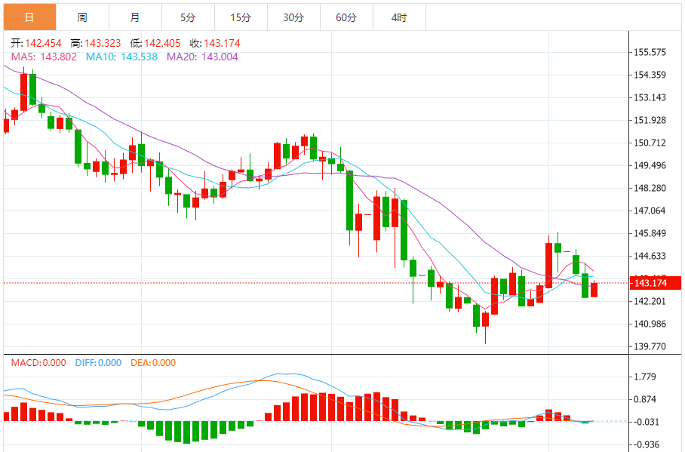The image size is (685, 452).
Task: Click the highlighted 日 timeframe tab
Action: click(x=29, y=17)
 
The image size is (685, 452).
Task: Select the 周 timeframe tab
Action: click(x=82, y=17)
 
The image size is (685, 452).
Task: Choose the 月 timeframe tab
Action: click(x=134, y=17)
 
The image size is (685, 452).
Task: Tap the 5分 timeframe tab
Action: click(x=188, y=17)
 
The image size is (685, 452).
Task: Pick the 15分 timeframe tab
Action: click(x=241, y=17)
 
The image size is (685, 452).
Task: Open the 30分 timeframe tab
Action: click(x=293, y=17)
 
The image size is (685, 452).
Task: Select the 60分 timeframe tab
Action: click(x=346, y=17)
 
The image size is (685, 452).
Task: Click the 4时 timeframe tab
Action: click(x=399, y=17)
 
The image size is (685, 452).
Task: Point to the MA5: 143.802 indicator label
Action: click(x=44, y=56)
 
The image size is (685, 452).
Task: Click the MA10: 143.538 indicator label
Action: click(x=123, y=56)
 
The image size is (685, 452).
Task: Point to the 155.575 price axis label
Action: click(x=650, y=52)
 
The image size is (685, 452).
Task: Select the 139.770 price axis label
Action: click(x=650, y=346)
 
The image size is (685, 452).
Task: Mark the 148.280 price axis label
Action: click(x=650, y=188)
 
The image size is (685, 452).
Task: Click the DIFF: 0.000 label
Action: click(x=98, y=363)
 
